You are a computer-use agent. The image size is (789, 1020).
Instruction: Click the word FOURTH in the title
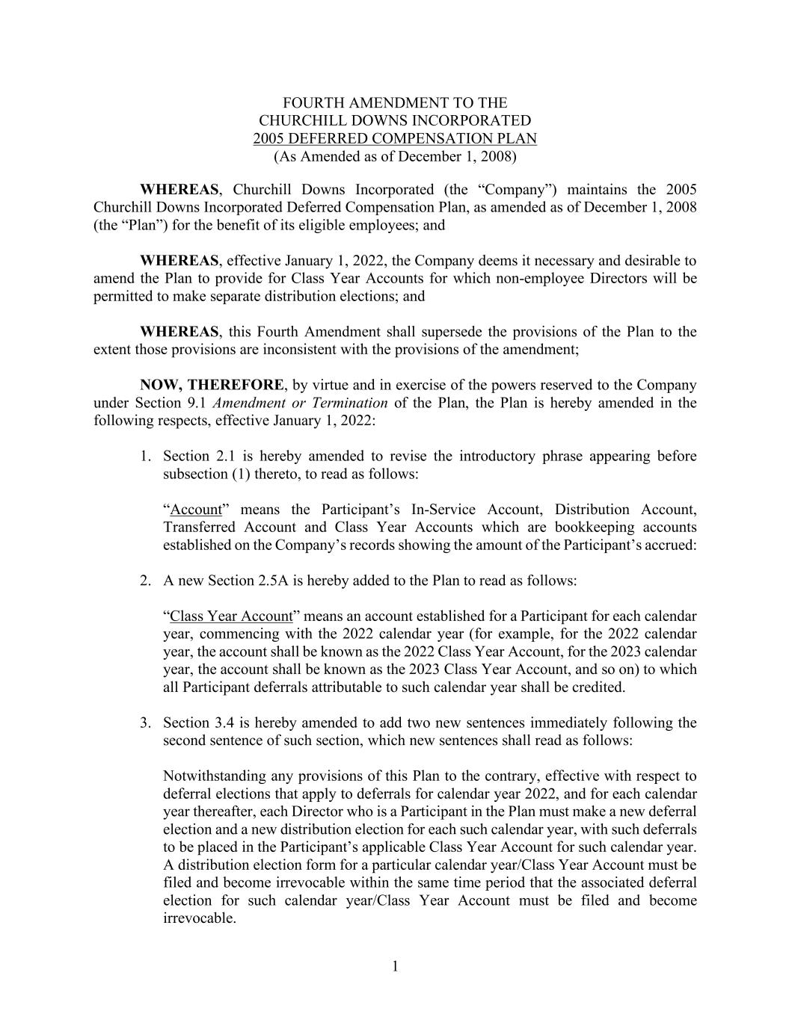click(x=310, y=103)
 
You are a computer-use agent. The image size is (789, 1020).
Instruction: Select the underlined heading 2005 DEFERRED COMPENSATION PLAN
click(x=395, y=139)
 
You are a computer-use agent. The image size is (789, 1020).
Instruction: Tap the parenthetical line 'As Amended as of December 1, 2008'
click(x=395, y=157)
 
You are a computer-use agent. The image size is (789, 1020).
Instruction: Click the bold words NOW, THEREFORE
click(x=212, y=386)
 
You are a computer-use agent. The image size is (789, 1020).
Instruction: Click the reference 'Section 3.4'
click(x=196, y=723)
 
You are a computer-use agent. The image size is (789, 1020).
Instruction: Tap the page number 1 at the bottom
click(x=395, y=967)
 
